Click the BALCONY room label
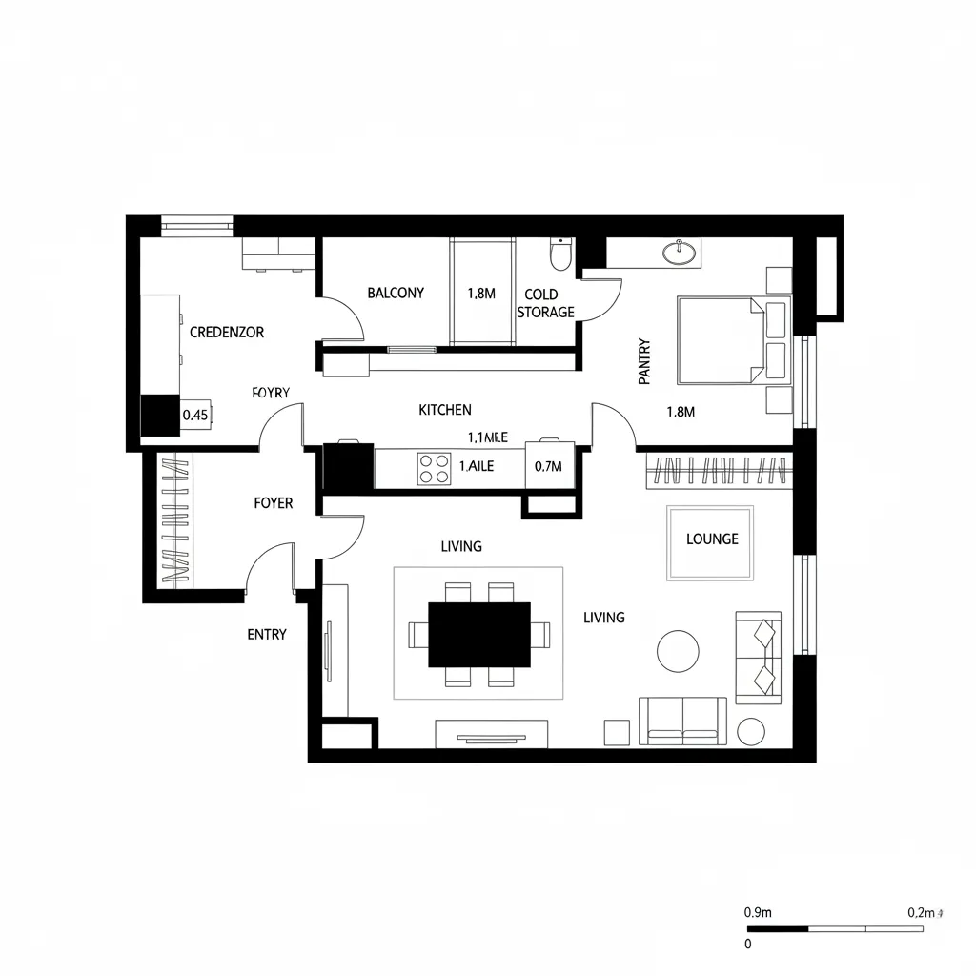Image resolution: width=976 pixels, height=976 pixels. [x=396, y=294]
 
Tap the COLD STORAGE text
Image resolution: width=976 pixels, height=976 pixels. [x=545, y=304]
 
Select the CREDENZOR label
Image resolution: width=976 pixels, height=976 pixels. [x=227, y=333]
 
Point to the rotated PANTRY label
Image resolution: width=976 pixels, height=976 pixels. [x=644, y=362]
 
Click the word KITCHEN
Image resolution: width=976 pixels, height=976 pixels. [x=445, y=410]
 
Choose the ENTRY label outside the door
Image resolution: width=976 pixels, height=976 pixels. [x=267, y=635]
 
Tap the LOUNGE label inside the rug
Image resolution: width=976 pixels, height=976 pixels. [x=712, y=539]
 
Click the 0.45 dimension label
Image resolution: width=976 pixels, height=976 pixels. [x=194, y=416]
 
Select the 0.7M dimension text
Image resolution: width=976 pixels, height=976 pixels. [x=549, y=467]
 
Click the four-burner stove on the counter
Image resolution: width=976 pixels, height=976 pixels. [x=434, y=468]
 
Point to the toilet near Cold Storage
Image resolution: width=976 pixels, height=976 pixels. [x=559, y=254]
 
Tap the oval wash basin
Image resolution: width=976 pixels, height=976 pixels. [x=681, y=252]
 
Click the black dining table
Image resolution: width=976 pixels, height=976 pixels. [x=479, y=635]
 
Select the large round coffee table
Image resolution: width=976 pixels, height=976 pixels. [x=679, y=651]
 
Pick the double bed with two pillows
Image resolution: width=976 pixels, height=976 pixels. [x=732, y=339]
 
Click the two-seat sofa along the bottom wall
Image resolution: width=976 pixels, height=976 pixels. [x=682, y=721]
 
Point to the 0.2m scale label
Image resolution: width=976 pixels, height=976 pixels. [x=923, y=912]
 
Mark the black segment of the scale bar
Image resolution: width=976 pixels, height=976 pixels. [x=777, y=928]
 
